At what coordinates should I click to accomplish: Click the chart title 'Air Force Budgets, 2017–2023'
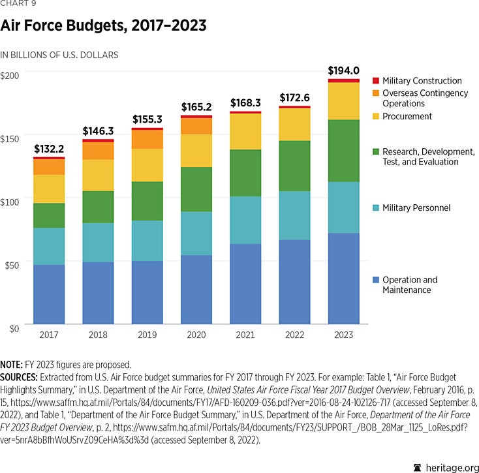[x=104, y=27]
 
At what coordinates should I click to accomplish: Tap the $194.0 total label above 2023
[x=343, y=70]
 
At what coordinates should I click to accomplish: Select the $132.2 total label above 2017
[x=49, y=149]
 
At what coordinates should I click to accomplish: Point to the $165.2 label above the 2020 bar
[x=196, y=107]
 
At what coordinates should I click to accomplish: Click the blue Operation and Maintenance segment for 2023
[x=343, y=278]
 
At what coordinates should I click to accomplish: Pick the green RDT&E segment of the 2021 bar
[x=245, y=173]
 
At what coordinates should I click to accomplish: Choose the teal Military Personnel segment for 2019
[x=147, y=241]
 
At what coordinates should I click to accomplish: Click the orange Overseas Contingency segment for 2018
[x=99, y=151]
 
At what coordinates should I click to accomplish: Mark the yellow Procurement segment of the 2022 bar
[x=294, y=125]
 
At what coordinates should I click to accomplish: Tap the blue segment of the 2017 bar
[x=49, y=294]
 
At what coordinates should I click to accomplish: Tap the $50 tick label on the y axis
[x=12, y=266]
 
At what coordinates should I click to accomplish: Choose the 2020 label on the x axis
[x=196, y=335]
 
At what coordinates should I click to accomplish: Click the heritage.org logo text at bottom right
[x=445, y=467]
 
